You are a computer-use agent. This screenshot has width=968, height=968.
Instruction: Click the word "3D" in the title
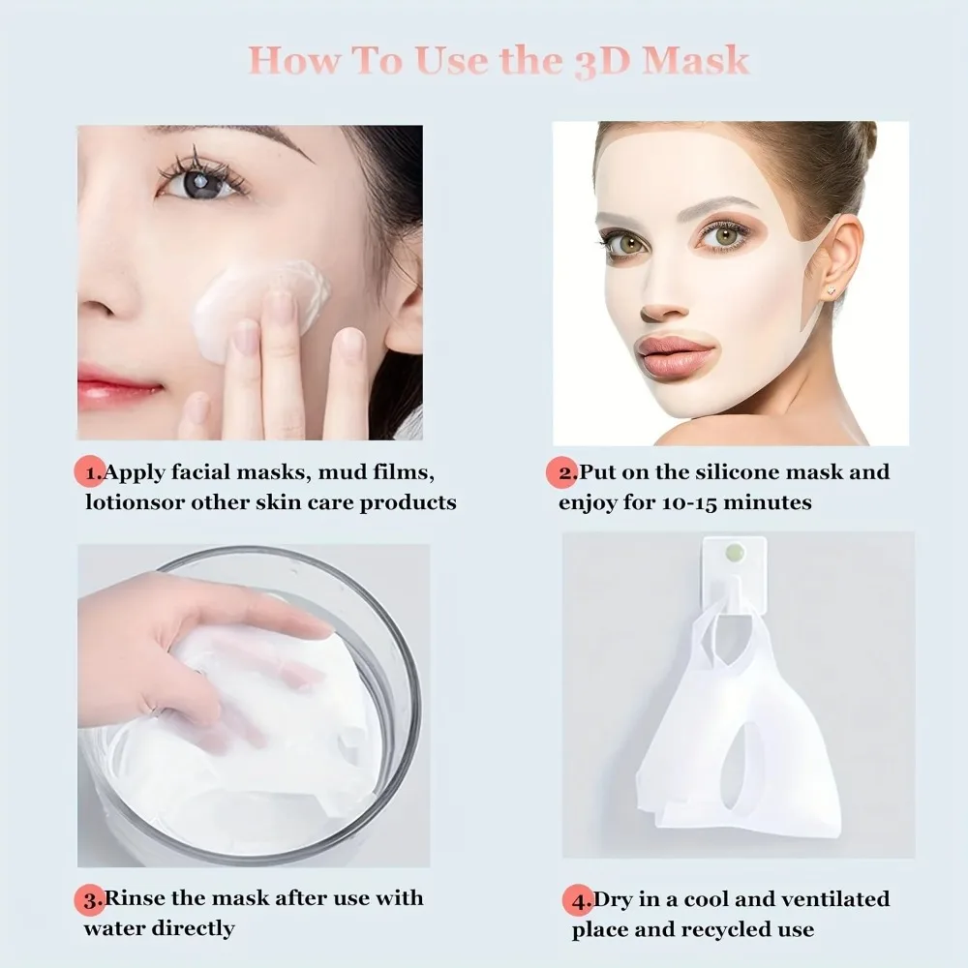(597, 60)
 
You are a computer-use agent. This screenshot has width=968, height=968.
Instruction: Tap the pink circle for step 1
(90, 473)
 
